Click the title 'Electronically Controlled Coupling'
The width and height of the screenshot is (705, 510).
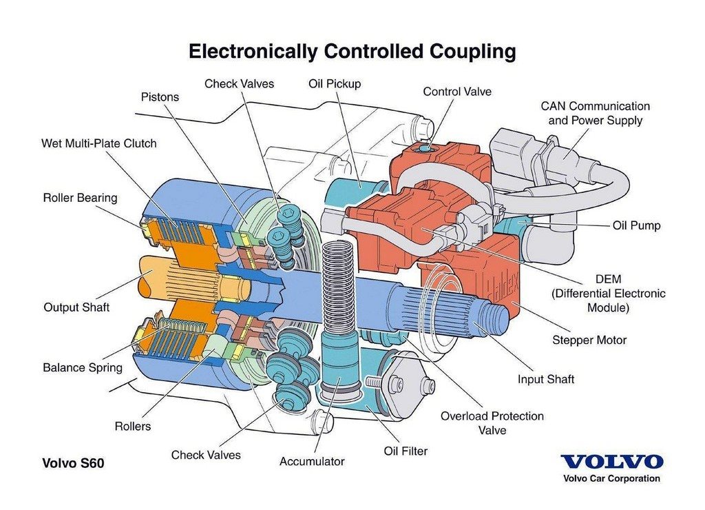click(x=352, y=51)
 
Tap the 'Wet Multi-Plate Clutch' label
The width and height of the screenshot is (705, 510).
click(x=99, y=143)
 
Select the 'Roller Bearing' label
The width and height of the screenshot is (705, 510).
click(x=80, y=198)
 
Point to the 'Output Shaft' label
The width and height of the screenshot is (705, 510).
click(x=76, y=307)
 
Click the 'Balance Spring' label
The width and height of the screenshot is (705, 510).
click(x=83, y=368)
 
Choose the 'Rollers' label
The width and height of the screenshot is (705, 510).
click(x=133, y=427)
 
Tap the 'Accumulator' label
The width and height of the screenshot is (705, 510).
click(x=312, y=461)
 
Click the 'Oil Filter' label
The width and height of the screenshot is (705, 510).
click(x=406, y=451)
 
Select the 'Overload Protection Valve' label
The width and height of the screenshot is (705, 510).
click(x=492, y=423)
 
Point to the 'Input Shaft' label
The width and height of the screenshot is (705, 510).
click(x=546, y=380)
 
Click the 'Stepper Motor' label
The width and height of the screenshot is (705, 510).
click(x=589, y=340)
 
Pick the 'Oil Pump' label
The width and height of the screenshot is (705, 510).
click(x=637, y=225)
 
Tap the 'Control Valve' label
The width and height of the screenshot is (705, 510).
click(x=457, y=92)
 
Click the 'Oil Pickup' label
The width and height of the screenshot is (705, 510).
click(x=335, y=84)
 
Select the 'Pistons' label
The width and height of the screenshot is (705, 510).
click(x=160, y=97)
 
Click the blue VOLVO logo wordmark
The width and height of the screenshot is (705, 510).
click(x=612, y=462)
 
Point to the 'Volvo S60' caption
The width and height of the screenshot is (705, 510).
click(x=73, y=463)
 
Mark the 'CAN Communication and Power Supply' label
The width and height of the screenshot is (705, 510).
click(x=596, y=114)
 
